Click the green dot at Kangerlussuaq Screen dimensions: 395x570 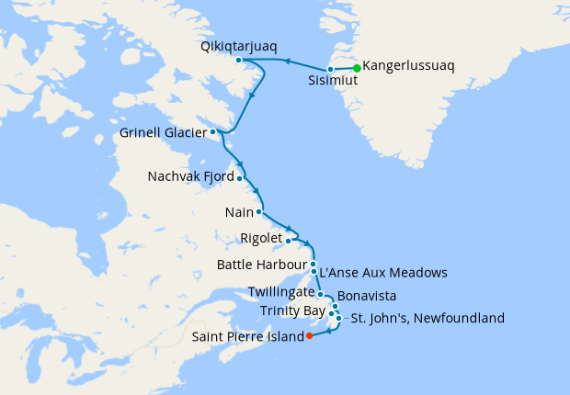tap(357, 67)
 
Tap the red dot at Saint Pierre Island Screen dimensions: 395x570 tap(309, 335)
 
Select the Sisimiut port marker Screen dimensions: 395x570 tap(330, 69)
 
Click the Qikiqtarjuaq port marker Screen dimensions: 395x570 tap(238, 60)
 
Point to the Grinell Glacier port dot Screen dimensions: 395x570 tap(213, 131)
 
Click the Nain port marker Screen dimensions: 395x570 tap(259, 212)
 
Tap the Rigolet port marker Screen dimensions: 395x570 tap(289, 241)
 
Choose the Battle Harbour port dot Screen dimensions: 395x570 tap(313, 264)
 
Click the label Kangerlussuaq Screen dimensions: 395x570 tap(409, 66)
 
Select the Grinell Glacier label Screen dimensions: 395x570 tap(164, 134)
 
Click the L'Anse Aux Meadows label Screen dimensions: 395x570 tap(382, 273)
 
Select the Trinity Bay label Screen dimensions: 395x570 tap(291, 310)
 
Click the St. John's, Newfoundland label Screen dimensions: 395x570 tap(426, 319)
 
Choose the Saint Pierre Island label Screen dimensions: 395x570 tap(247, 337)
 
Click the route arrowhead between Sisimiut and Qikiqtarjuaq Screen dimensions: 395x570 tap(286, 62)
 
